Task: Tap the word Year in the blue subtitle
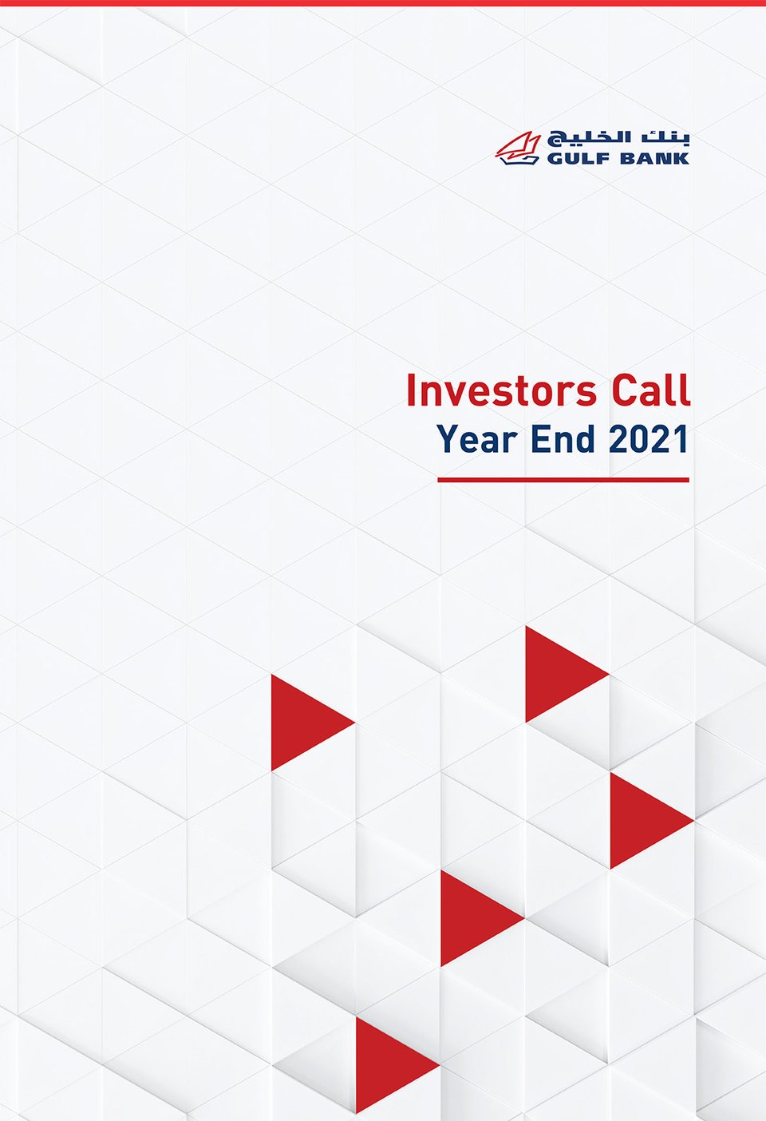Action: pos(477,438)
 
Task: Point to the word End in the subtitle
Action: pos(562,438)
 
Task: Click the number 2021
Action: pos(648,438)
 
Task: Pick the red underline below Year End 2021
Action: pos(563,479)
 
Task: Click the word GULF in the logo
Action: pos(575,159)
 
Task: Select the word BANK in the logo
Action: pos(651,159)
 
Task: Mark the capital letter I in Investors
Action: pos(412,390)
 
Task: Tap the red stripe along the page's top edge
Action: pos(383,3)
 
